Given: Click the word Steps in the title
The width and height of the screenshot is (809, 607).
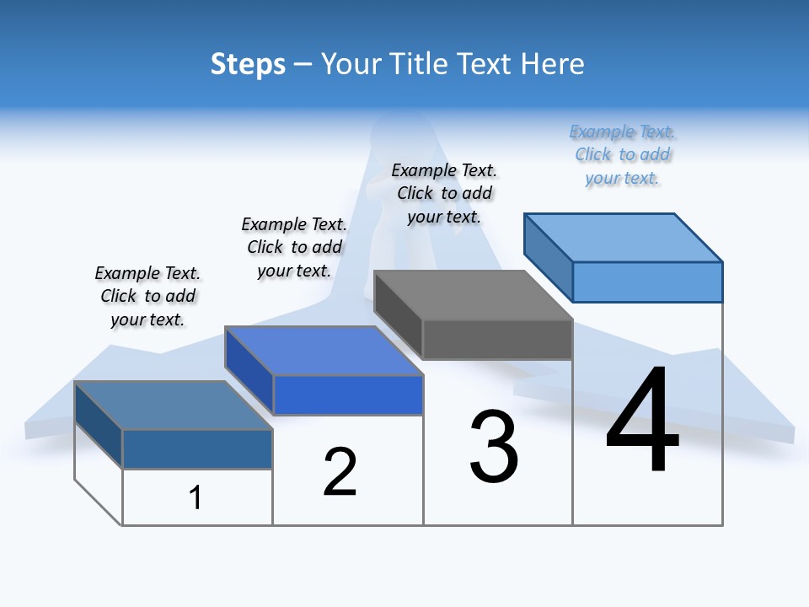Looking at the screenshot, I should coord(248,64).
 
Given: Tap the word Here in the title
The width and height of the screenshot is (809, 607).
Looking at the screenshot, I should coord(553,64).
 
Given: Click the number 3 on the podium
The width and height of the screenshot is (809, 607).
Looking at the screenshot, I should coord(494,447).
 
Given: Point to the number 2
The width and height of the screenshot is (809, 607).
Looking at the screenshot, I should coord(340,472).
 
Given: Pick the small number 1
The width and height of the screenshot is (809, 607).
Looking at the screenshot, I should coord(196,497).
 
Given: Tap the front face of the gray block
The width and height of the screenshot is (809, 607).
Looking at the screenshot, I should coord(497,340).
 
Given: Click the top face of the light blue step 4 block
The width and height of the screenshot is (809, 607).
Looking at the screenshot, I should coord(624,237).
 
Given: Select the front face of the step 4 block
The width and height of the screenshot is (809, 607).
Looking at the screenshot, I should coord(647,282).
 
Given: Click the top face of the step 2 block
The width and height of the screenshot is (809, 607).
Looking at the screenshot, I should coord(324,351).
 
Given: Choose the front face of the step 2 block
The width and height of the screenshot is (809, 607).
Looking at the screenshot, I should coord(348,395).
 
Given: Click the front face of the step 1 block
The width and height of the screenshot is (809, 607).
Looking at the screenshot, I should coord(197,449).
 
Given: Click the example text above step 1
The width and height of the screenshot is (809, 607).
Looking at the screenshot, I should coord(147,296).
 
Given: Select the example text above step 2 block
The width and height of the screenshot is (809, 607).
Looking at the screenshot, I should coord(294,247).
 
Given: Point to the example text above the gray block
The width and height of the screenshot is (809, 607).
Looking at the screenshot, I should coord(444,193).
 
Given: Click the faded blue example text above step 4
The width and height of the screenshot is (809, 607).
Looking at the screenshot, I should coord(622,154).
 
